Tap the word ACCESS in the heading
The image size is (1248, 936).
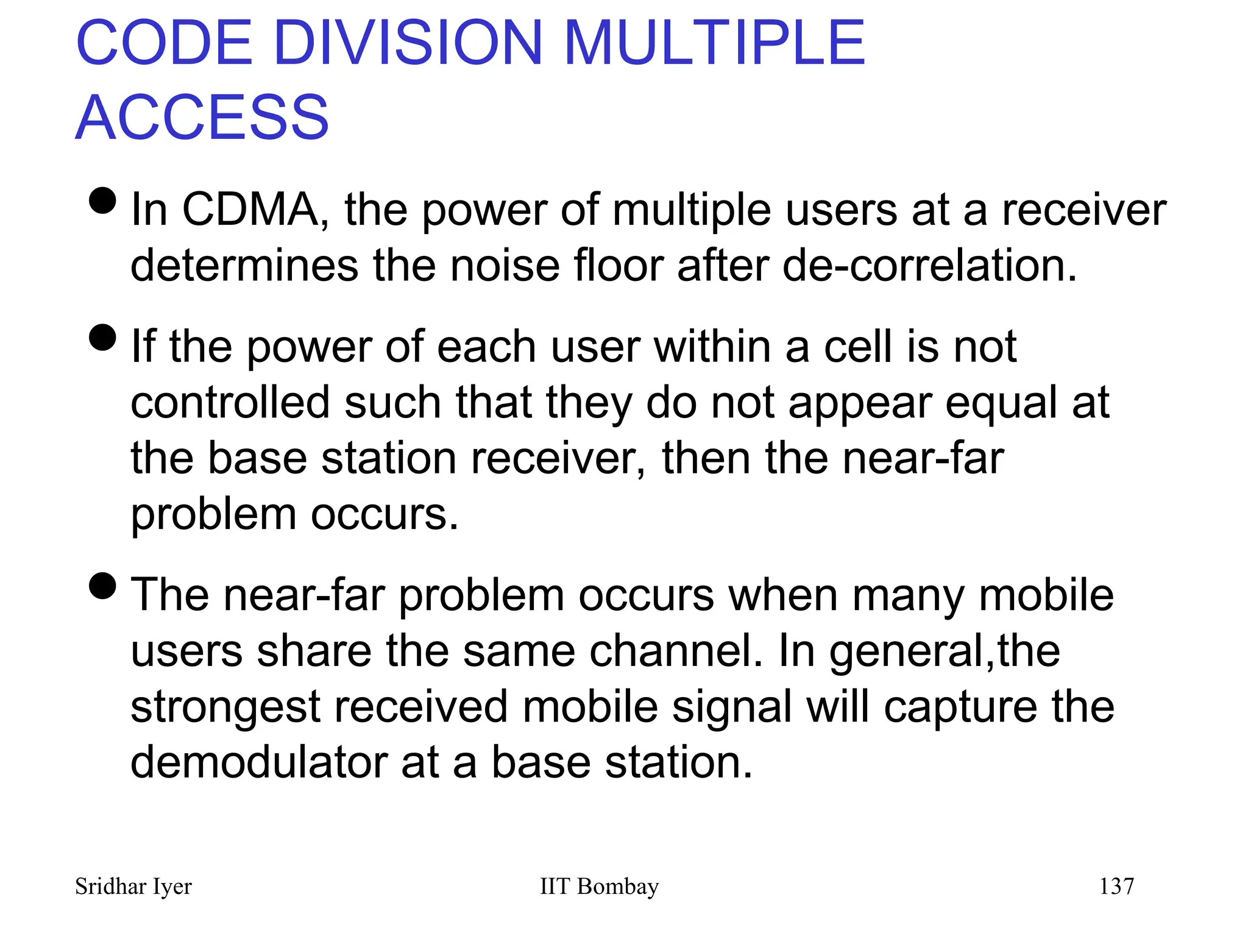(x=202, y=118)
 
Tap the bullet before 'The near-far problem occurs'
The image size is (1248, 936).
(x=102, y=586)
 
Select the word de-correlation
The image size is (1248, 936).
(x=930, y=266)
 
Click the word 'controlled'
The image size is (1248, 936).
(x=230, y=403)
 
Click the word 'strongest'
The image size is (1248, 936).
(x=225, y=707)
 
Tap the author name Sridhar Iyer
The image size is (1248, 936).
(x=133, y=887)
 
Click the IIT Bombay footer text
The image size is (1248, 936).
(x=599, y=887)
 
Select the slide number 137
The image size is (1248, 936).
(x=1116, y=887)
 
